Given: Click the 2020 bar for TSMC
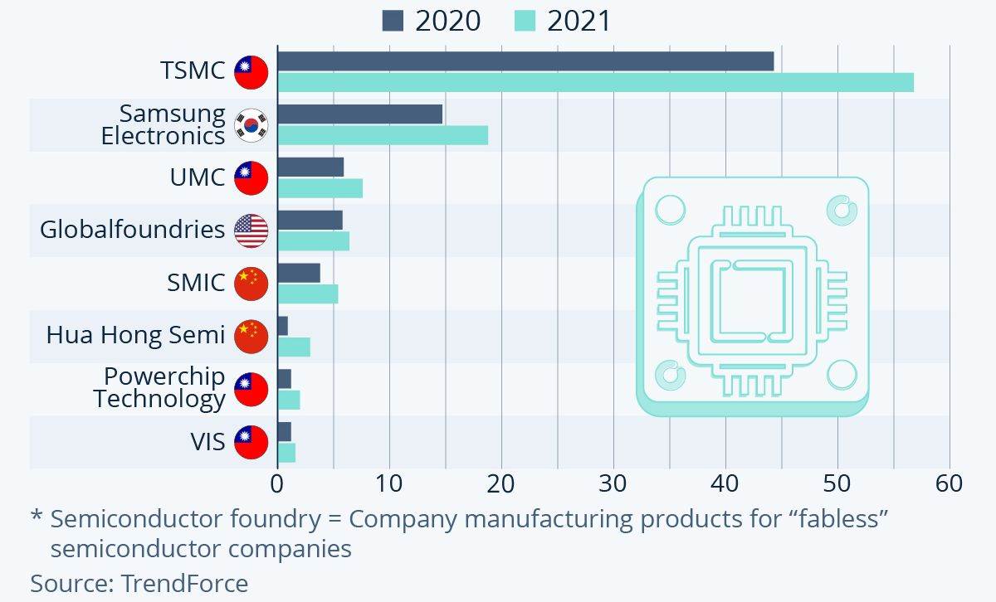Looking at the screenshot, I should tap(525, 61).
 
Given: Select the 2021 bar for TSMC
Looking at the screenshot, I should tap(595, 82).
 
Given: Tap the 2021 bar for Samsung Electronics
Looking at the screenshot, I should tap(383, 135).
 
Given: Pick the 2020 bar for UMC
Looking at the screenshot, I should tap(310, 167).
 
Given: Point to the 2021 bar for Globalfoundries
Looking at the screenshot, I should tap(313, 241).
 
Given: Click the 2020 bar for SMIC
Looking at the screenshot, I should tap(299, 273).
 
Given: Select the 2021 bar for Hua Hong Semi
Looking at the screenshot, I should tap(294, 347).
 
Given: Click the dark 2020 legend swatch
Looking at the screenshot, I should tap(393, 21).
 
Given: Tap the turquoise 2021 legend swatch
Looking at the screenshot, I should tap(525, 21).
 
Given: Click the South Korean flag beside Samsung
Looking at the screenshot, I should tap(251, 124).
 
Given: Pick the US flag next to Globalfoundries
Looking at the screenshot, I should tap(251, 231).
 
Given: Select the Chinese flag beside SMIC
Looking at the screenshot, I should tap(251, 284).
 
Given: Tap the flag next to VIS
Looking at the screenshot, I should tap(251, 442).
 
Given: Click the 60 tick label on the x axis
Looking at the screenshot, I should tap(949, 483).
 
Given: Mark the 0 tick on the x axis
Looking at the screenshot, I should tap(277, 483).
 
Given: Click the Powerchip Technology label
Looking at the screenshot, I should tap(159, 387).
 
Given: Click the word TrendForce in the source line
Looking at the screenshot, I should tap(184, 583).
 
